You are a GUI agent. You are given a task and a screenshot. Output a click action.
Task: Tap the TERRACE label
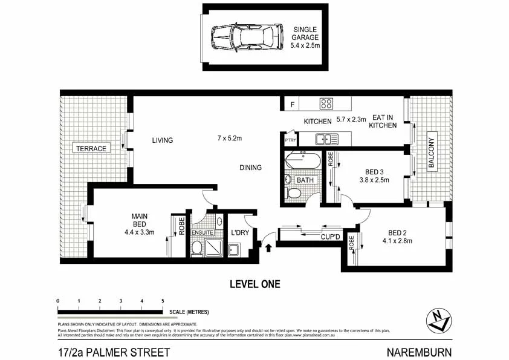click(x=89, y=148)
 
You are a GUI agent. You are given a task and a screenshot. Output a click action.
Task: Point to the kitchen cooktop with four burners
click(x=327, y=103)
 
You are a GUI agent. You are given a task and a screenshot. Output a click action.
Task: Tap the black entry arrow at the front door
click(x=268, y=247)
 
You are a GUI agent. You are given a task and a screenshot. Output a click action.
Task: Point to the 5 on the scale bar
click(x=163, y=301)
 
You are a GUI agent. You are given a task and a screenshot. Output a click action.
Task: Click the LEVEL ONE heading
click(x=255, y=284)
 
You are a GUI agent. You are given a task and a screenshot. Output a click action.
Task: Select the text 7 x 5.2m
click(x=229, y=139)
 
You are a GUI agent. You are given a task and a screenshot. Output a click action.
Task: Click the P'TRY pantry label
click(x=290, y=140)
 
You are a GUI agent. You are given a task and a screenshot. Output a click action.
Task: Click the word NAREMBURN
click(x=418, y=352)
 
